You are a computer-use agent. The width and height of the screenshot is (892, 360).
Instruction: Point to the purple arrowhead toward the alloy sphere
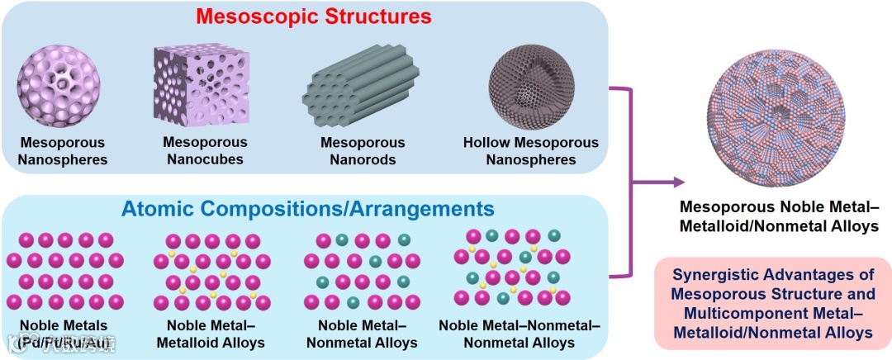point(679,181)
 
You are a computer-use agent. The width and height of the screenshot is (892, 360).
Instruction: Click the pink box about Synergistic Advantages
point(772,302)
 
